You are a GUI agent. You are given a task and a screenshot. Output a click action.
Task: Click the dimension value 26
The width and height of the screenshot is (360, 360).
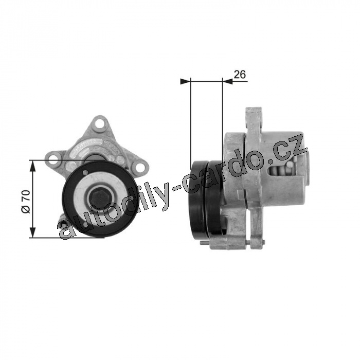(240, 75)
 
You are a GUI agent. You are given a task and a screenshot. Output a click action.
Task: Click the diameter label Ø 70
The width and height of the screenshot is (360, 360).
(26, 202)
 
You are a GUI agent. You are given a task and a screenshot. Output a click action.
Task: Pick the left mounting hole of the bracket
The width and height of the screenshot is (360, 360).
(53, 159)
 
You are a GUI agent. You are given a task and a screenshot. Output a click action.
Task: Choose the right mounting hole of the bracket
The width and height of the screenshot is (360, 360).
(140, 168)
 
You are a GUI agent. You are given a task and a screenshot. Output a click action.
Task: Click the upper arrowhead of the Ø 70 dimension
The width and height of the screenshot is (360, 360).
(33, 166)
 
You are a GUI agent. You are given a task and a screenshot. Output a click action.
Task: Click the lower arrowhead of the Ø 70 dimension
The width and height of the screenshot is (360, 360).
(33, 232)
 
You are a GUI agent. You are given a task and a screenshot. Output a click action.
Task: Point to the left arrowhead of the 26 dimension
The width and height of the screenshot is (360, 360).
(186, 81)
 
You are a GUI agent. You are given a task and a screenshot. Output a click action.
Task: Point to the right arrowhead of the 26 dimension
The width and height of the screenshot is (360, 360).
(228, 81)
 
